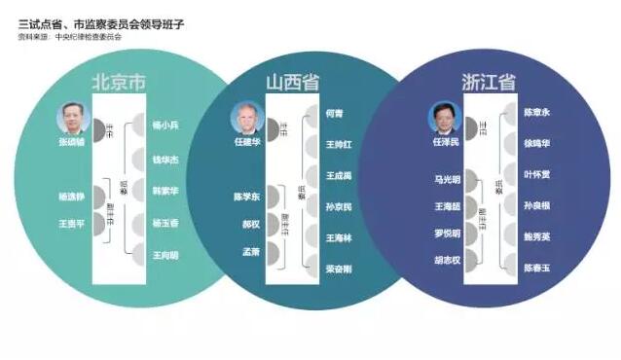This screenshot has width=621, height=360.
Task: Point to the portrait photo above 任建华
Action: click(245, 118)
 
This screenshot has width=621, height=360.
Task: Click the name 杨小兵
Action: click(165, 126)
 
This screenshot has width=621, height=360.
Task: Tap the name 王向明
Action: click(165, 256)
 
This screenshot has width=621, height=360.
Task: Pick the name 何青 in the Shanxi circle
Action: click(331, 114)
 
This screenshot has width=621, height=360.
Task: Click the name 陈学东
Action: click(245, 197)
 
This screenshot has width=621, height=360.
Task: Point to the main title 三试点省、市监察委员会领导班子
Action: click(98, 22)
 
